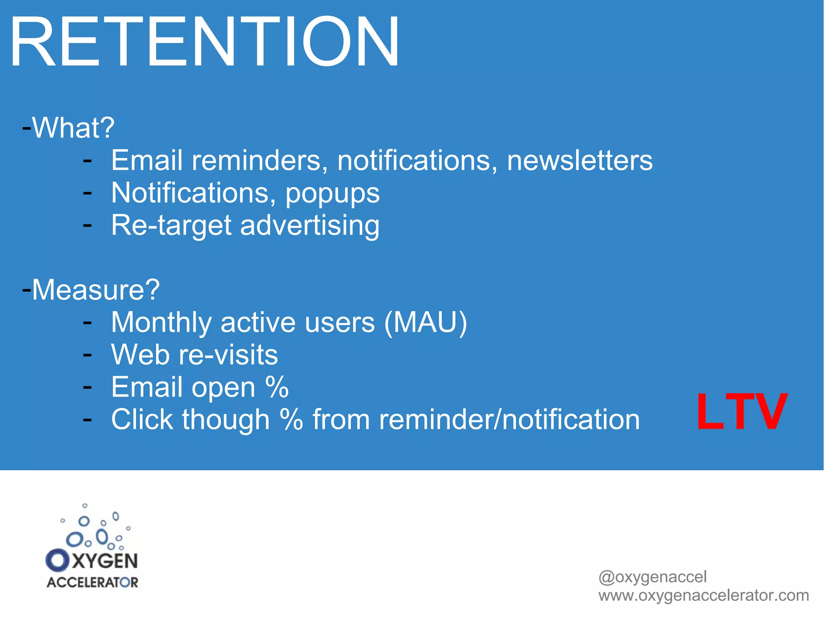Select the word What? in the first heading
click(x=74, y=128)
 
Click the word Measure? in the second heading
click(x=96, y=289)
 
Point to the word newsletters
click(x=579, y=160)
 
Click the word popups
click(x=332, y=194)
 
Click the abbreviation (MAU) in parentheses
click(x=425, y=322)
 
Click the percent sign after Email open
click(x=277, y=387)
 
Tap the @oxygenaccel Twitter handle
click(x=652, y=577)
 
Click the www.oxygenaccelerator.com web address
click(x=703, y=595)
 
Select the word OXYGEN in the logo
click(x=92, y=561)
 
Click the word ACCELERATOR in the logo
click(x=92, y=582)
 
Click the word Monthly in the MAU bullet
click(x=161, y=322)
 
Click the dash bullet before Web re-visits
click(x=87, y=355)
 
